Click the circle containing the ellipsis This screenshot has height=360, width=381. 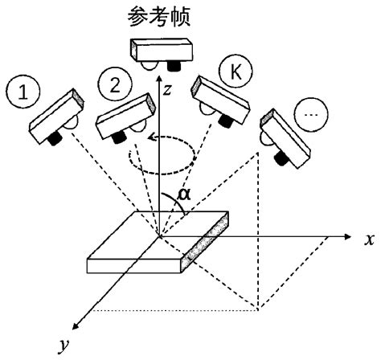coord(311,116)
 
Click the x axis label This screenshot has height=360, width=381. coord(368,239)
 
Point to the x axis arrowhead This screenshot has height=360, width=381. coord(347,239)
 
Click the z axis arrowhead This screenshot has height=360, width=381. coord(163,78)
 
